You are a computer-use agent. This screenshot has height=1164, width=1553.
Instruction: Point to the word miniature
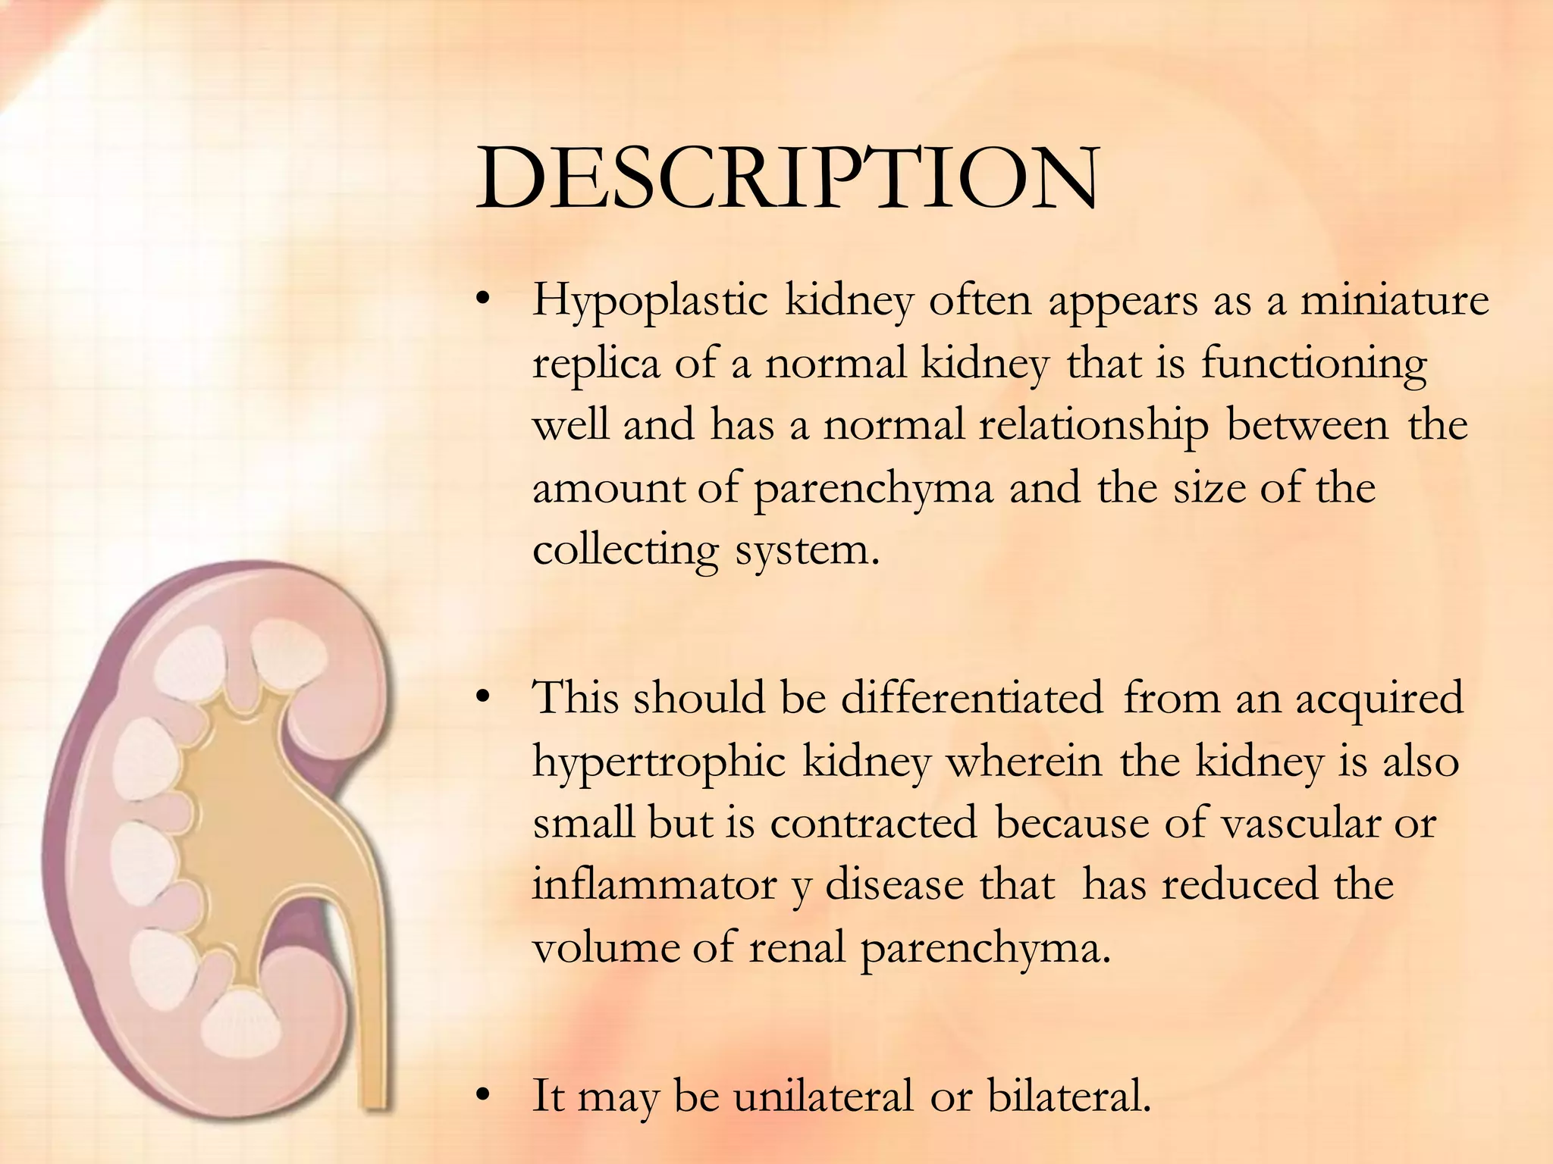pos(1395,300)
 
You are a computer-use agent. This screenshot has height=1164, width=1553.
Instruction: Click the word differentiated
pos(972,698)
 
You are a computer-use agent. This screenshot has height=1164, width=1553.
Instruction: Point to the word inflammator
pos(654,885)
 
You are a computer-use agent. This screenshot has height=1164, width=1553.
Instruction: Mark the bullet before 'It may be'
pos(482,1096)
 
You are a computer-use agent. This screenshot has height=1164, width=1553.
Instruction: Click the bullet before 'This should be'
pos(482,699)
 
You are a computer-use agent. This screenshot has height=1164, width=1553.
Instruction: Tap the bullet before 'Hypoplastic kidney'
pos(482,300)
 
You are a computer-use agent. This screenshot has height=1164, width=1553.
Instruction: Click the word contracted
pos(874,823)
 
